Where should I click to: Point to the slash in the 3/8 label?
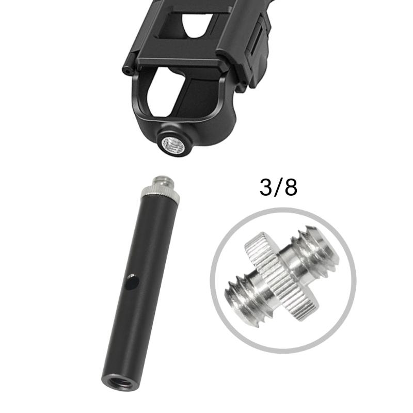(279, 188)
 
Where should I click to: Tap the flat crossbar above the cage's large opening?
(176, 57)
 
